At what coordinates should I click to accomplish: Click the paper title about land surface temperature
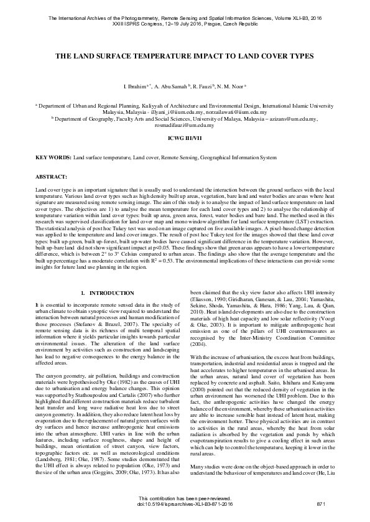[x=185, y=56]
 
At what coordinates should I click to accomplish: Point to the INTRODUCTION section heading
[x=108, y=292]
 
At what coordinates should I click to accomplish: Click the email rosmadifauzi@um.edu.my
[x=185, y=124]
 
